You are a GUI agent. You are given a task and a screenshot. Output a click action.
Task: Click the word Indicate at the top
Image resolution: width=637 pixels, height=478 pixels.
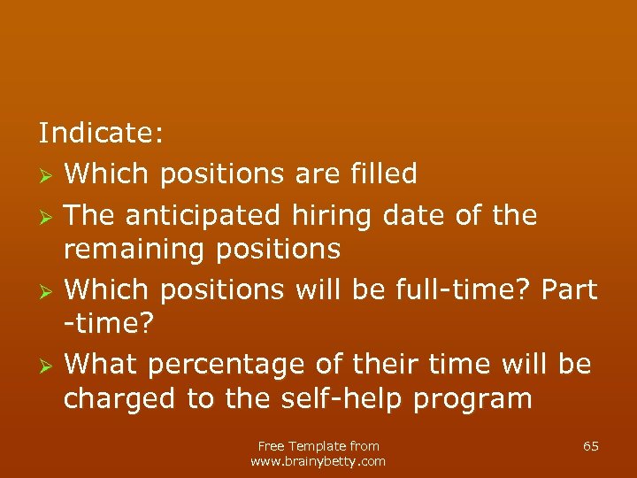pos(100,133)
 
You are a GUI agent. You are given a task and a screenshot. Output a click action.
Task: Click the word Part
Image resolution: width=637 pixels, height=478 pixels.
pos(568,289)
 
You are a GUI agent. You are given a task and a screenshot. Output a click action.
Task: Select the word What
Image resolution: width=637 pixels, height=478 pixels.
pos(103,364)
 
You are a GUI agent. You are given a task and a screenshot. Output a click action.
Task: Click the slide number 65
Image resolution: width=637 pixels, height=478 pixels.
pos(591,446)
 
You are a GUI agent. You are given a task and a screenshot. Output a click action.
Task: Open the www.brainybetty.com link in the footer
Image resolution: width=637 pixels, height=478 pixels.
pos(318,461)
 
